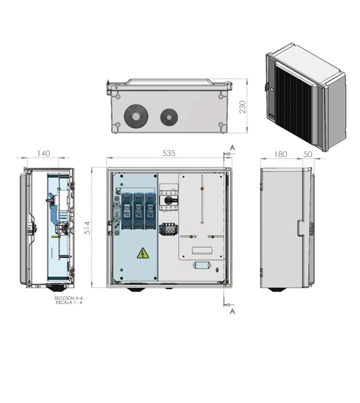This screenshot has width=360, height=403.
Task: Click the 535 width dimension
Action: coord(169,153)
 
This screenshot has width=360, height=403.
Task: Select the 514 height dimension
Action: coord(88,227)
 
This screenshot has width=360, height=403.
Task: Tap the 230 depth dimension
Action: coord(242,107)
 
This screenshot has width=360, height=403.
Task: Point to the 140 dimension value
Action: coord(43,154)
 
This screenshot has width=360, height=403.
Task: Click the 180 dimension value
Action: coord(280,154)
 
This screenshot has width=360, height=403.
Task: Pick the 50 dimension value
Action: coord(308,154)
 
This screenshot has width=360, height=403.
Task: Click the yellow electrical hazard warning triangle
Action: coord(143,253)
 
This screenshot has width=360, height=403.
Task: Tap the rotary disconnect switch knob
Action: coord(169,200)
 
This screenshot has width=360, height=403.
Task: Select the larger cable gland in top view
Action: coord(136,116)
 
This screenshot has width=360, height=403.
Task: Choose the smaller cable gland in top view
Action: coord(169,118)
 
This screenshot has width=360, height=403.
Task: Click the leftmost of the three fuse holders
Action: coord(127,211)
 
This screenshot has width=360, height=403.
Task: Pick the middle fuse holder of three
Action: coord(138,211)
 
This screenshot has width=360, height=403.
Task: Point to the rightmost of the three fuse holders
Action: coord(150,211)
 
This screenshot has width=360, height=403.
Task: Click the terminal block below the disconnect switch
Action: coord(168,229)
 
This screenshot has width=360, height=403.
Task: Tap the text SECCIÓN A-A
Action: coord(69,298)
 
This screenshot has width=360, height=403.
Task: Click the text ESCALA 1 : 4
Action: coord(69,302)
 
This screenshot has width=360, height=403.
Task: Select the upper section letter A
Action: coord(232,148)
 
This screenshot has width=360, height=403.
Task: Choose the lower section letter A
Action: coord(232,312)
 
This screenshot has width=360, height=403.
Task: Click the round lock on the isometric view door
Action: coord(272,90)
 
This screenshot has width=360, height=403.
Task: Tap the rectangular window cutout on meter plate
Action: coord(202,251)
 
